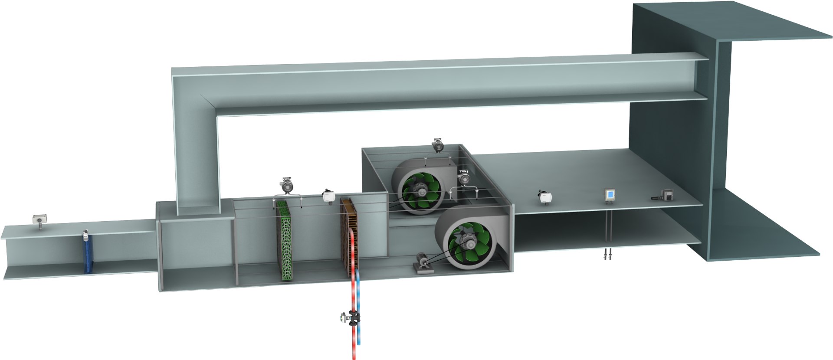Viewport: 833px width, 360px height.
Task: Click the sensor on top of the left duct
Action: tap(40, 218)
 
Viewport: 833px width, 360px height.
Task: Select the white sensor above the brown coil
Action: tap(328, 196)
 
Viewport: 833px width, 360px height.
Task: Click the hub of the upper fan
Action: tap(420, 190)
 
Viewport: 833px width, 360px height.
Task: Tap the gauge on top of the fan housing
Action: tap(439, 145)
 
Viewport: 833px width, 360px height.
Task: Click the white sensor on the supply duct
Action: tap(544, 197)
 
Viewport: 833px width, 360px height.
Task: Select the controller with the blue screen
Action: tap(610, 195)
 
